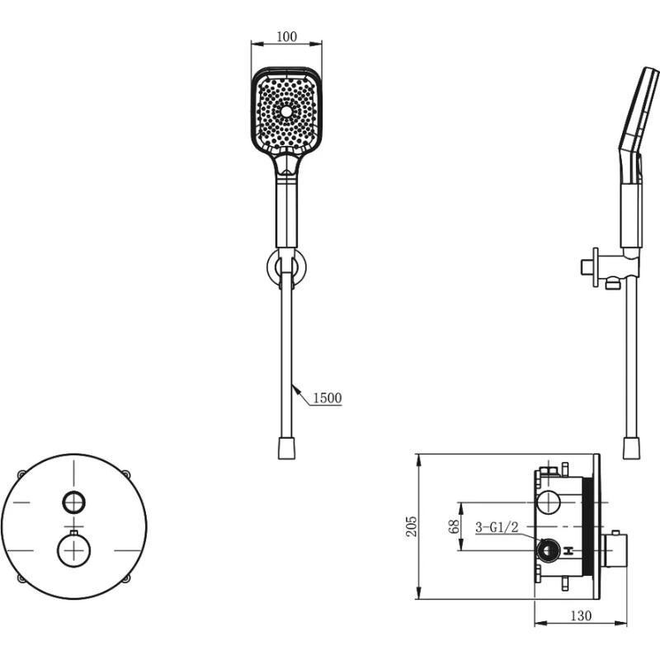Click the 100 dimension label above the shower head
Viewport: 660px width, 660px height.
coord(286,36)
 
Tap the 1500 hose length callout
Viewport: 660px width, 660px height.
coord(327,398)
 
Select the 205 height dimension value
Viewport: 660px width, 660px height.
coord(411,526)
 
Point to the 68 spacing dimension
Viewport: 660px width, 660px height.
coord(454,526)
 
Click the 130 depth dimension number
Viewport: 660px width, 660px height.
coord(581,615)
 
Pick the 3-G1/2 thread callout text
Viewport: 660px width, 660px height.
coord(497,527)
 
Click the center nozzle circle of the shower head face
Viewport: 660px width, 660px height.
coord(286,111)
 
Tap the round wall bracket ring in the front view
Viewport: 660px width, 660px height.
coord(286,267)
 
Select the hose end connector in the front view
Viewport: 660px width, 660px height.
coord(286,448)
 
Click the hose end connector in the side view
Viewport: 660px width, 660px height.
coord(631,448)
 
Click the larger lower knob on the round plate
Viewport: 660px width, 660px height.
coord(73,550)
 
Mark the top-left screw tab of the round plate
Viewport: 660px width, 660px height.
coord(21,474)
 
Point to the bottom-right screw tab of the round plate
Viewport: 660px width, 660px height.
coord(126,579)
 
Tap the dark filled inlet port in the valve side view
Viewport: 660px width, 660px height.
coord(548,550)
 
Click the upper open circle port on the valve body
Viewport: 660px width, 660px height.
coord(548,502)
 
